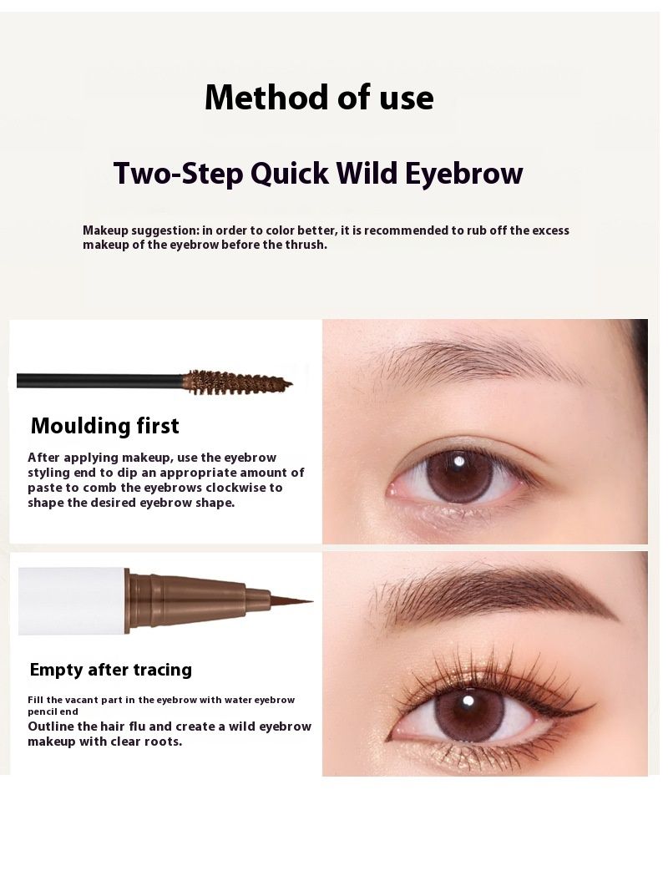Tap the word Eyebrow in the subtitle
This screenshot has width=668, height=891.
(464, 174)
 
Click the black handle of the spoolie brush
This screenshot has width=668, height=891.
(99, 380)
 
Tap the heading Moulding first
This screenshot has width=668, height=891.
(105, 426)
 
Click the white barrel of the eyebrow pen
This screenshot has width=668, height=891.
(72, 600)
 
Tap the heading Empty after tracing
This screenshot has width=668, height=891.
(111, 670)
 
